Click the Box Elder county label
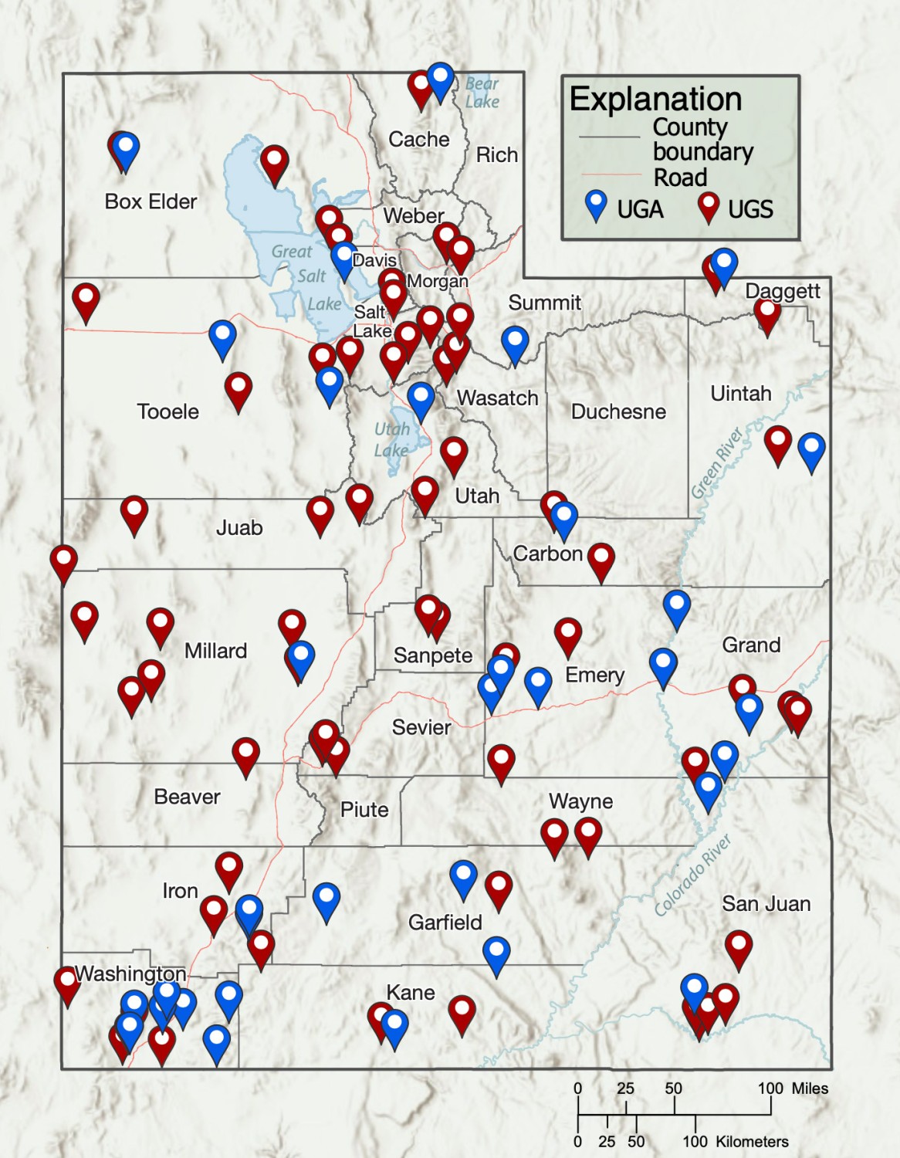[x=151, y=201]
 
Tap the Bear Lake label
[x=482, y=93]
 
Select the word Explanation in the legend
[x=655, y=100]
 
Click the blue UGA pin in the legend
[x=596, y=207]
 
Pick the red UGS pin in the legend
[x=708, y=207]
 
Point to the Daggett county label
[x=782, y=291]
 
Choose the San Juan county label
[x=766, y=903]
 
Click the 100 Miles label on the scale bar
[x=793, y=1089]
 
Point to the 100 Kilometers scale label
[x=736, y=1142]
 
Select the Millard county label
[x=215, y=651]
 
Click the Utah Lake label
[x=391, y=439]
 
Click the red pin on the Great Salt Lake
[x=274, y=162]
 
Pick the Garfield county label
[x=445, y=922]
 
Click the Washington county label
[x=130, y=973]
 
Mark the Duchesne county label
[x=617, y=411]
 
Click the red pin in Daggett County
[x=766, y=313]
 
